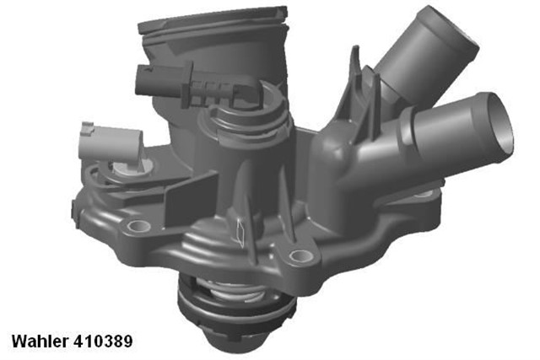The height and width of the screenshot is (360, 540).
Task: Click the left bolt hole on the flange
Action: (x=132, y=227)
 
